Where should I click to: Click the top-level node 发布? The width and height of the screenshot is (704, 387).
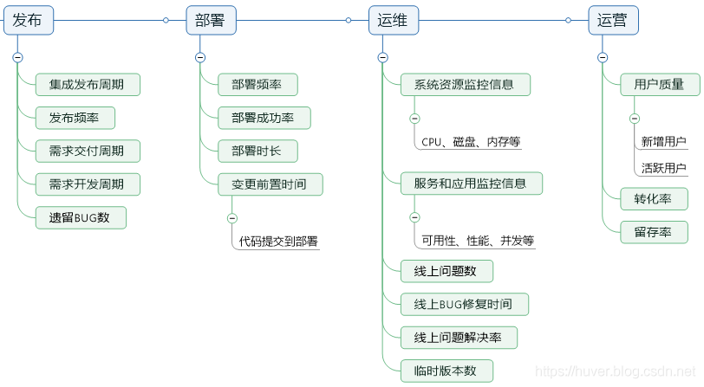pyautogui.click(x=29, y=20)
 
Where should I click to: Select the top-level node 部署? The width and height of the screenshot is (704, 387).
pyautogui.click(x=211, y=20)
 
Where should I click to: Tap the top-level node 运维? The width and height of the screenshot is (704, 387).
pyautogui.click(x=392, y=20)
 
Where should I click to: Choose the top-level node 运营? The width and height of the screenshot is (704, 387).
pyautogui.click(x=613, y=20)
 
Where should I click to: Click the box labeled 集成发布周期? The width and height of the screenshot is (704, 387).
pyautogui.click(x=87, y=85)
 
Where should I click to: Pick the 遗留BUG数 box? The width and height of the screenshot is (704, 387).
pyautogui.click(x=81, y=217)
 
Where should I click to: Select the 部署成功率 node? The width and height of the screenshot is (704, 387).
pyautogui.click(x=264, y=118)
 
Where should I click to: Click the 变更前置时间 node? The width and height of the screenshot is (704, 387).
pyautogui.click(x=270, y=184)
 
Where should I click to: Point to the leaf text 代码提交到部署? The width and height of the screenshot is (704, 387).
pyautogui.click(x=279, y=242)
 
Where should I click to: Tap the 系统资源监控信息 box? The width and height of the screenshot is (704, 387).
pyautogui.click(x=465, y=85)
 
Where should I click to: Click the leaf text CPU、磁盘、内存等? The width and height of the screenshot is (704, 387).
pyautogui.click(x=471, y=142)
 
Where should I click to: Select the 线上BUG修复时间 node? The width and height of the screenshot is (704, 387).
pyautogui.click(x=464, y=304)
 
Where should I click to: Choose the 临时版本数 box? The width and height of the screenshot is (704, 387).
pyautogui.click(x=447, y=371)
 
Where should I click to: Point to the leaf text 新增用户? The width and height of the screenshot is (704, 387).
pyautogui.click(x=663, y=142)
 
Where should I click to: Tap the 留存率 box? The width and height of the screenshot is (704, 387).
pyautogui.click(x=654, y=231)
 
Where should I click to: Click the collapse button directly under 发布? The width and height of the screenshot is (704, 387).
pyautogui.click(x=17, y=57)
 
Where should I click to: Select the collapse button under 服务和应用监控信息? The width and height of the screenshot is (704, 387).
pyautogui.click(x=414, y=217)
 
